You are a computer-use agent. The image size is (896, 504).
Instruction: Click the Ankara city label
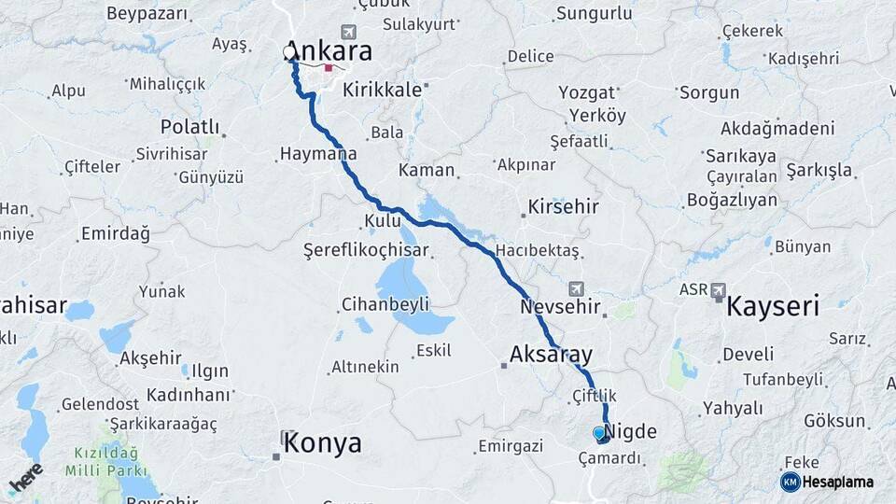(x=329, y=50)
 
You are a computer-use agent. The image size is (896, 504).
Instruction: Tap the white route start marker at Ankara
(x=289, y=53)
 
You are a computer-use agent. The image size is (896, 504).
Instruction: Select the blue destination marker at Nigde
(x=599, y=433)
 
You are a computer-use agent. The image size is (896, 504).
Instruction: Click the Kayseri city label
(x=772, y=305)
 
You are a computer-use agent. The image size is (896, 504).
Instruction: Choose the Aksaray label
(x=551, y=354)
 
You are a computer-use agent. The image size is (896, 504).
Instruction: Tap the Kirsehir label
(x=563, y=206)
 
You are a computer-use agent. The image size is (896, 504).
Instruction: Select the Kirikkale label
(x=384, y=91)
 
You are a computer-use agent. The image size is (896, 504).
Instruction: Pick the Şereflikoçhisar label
(x=366, y=250)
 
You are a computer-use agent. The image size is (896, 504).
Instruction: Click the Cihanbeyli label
(x=385, y=304)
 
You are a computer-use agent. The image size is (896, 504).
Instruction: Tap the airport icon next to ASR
(x=719, y=291)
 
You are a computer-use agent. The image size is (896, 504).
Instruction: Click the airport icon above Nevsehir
(x=576, y=288)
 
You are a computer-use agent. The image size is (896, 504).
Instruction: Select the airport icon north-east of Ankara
(x=348, y=31)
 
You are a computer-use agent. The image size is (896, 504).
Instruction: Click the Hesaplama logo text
(x=837, y=482)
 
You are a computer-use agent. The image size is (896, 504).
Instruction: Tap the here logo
(x=26, y=477)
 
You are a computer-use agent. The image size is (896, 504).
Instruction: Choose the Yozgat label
(x=587, y=92)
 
